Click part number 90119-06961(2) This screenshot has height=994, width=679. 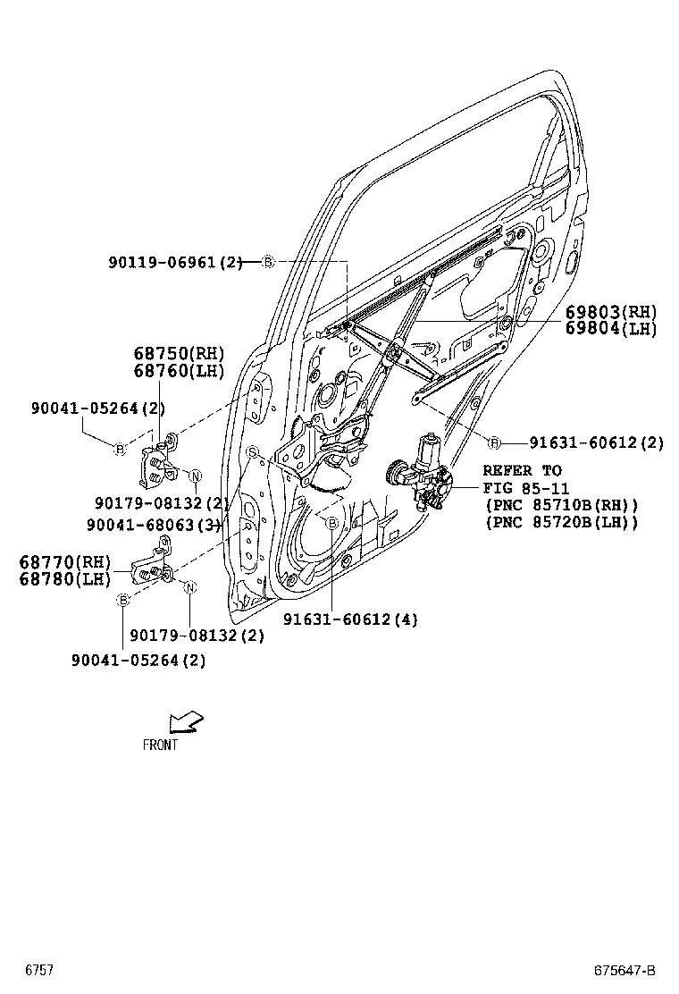pyautogui.click(x=175, y=262)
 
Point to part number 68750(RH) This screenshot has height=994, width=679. pyautogui.click(x=179, y=353)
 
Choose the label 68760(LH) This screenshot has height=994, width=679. pyautogui.click(x=179, y=370)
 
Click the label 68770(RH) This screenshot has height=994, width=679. pyautogui.click(x=64, y=562)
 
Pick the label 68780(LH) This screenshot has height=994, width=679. pyautogui.click(x=64, y=578)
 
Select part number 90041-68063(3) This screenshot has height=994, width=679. pyautogui.click(x=153, y=525)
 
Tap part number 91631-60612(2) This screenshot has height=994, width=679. pyautogui.click(x=596, y=442)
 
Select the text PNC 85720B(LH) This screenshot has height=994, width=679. pyautogui.click(x=561, y=523)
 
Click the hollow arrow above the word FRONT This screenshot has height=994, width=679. pyautogui.click(x=185, y=720)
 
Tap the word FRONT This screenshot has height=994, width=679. pyautogui.click(x=160, y=745)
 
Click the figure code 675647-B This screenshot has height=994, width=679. pyautogui.click(x=625, y=971)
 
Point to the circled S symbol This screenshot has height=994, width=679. pyautogui.click(x=253, y=451)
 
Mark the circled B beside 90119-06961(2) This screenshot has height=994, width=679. pyautogui.click(x=268, y=262)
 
